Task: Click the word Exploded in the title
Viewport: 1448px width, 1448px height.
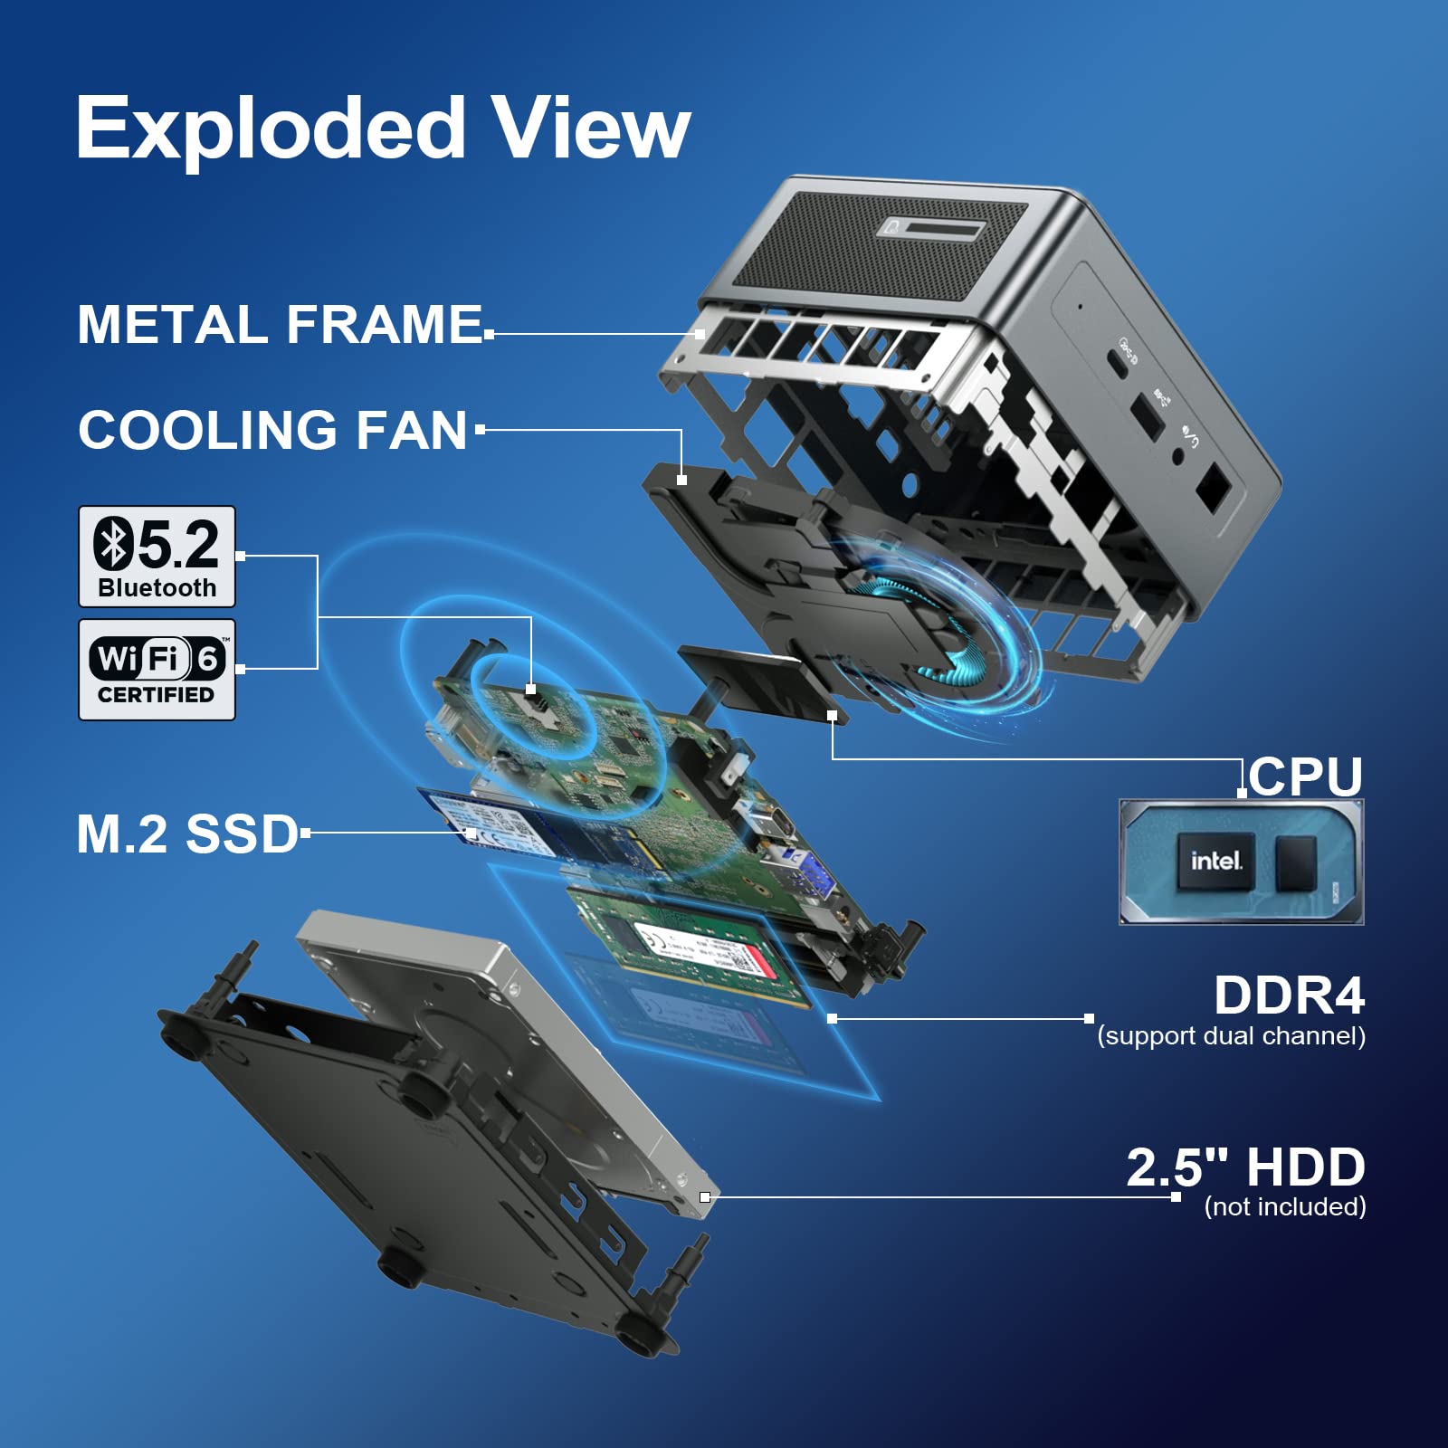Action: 271,129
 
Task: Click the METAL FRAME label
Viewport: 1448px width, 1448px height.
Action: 281,324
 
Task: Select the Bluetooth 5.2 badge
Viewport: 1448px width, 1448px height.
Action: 157,557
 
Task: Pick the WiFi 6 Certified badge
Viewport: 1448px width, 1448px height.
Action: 157,670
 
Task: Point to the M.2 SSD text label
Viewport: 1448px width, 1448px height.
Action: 187,834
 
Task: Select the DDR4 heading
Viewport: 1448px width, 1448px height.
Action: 1290,995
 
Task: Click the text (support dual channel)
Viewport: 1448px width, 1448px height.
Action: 1231,1036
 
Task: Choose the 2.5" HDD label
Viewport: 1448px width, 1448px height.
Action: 1246,1167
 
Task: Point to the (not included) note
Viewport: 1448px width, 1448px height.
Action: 1285,1206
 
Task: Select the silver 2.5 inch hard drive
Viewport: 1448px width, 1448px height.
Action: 507,1068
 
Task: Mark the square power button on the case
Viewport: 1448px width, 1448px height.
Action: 1212,489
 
